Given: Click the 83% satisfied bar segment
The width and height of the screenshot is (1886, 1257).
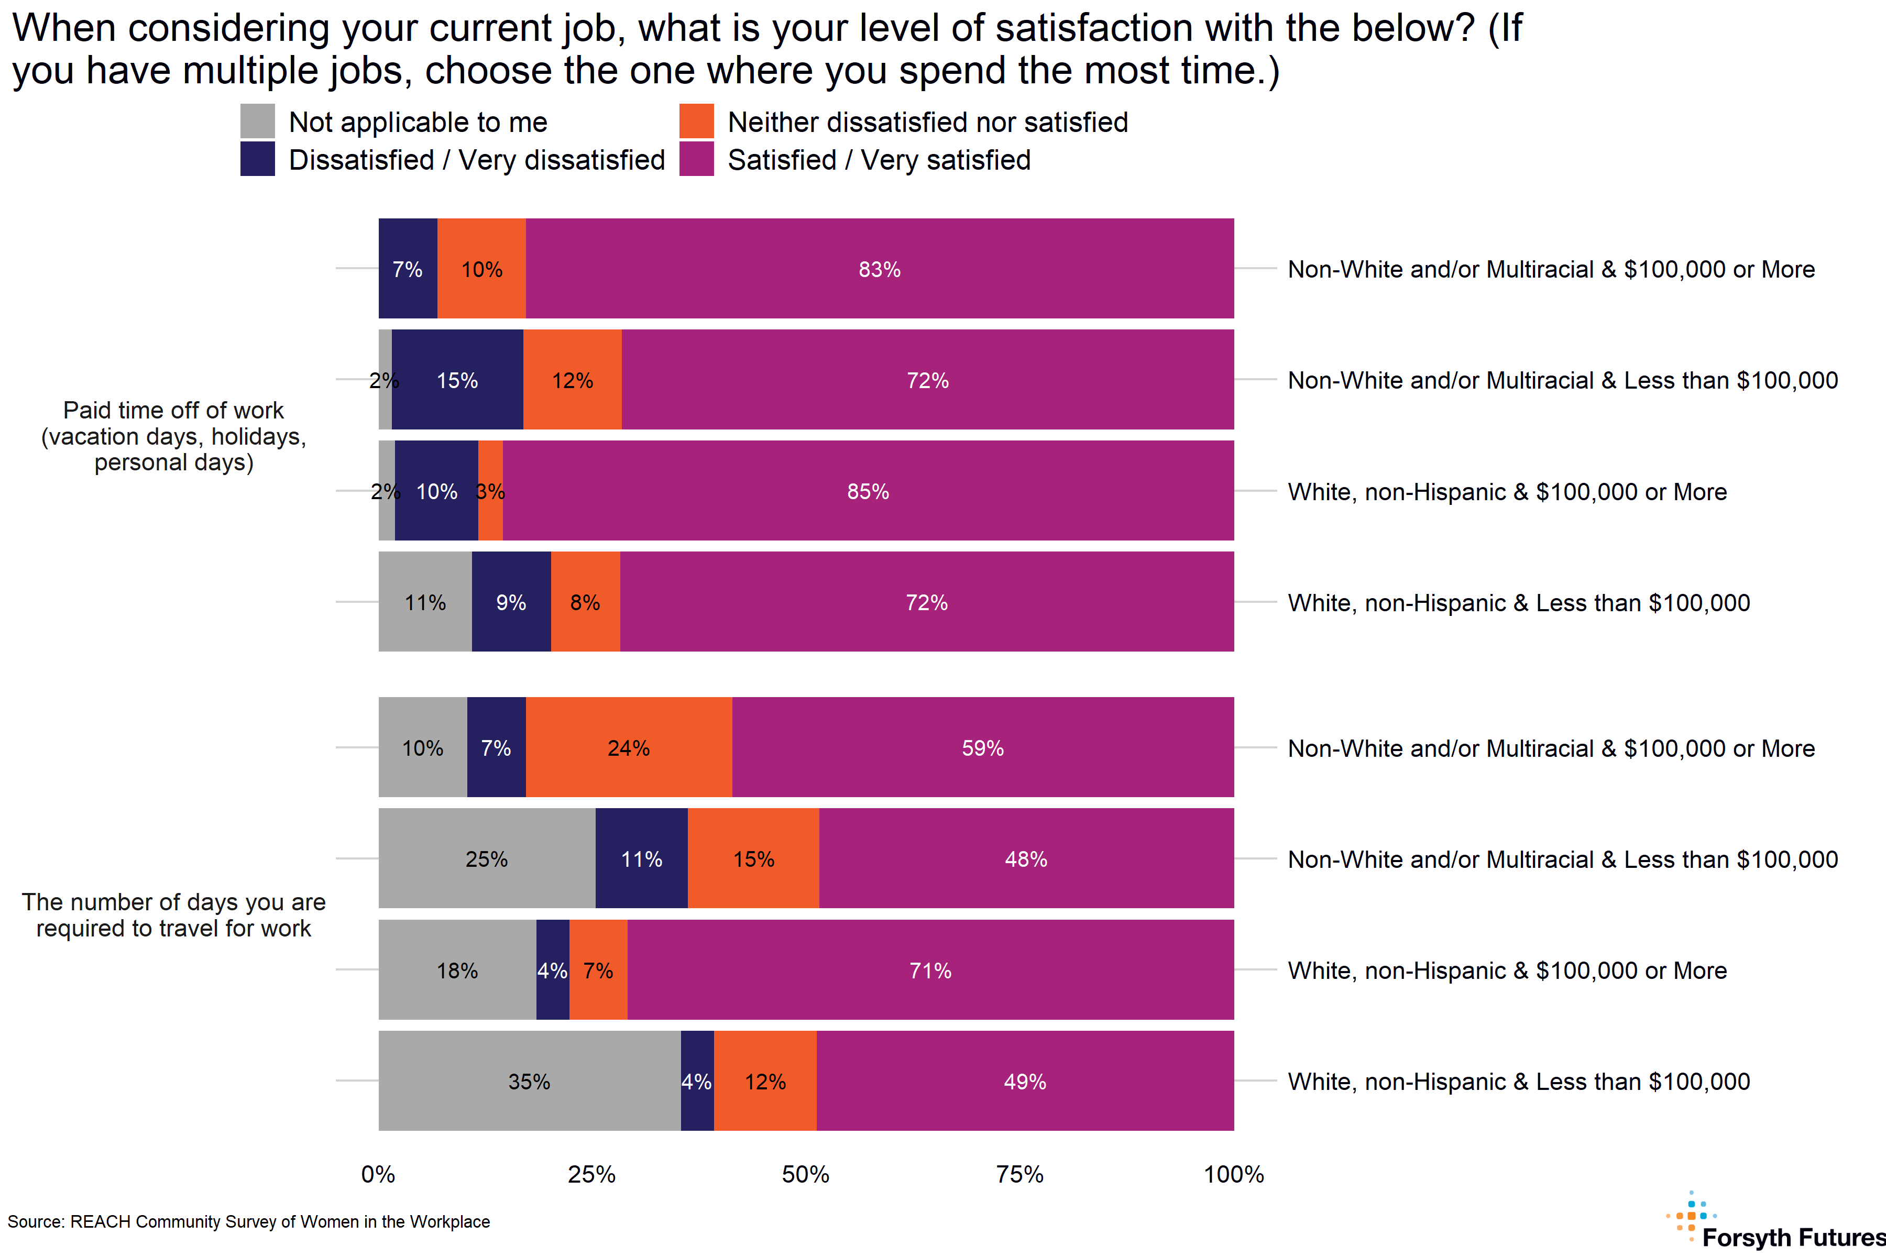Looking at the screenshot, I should tap(880, 269).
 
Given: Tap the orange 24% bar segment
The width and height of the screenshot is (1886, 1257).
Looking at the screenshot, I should tap(629, 747).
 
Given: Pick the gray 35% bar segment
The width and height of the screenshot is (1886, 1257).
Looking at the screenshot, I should tap(529, 1080).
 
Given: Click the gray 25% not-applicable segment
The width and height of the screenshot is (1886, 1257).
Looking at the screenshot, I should tap(487, 858).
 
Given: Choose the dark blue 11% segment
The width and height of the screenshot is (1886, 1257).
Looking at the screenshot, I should tap(641, 858).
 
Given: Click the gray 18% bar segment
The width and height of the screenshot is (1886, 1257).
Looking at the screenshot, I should tap(457, 970).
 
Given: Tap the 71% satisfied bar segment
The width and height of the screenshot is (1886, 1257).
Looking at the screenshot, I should tap(930, 970).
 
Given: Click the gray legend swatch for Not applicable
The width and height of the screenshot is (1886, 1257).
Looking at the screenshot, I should tap(257, 121).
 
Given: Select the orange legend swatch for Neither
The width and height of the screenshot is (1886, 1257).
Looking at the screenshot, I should tap(696, 121).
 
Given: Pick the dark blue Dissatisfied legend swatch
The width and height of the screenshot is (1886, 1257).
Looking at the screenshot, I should tap(257, 159).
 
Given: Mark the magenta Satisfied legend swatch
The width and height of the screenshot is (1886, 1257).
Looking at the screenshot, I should tap(696, 159).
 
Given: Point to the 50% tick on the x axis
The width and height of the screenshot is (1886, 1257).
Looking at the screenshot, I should tap(805, 1174).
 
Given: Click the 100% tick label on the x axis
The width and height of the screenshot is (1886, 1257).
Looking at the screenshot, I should tap(1233, 1174).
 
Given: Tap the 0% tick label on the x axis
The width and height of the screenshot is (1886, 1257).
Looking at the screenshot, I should tap(378, 1174).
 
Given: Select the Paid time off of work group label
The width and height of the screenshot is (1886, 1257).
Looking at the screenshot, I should tap(173, 436).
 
